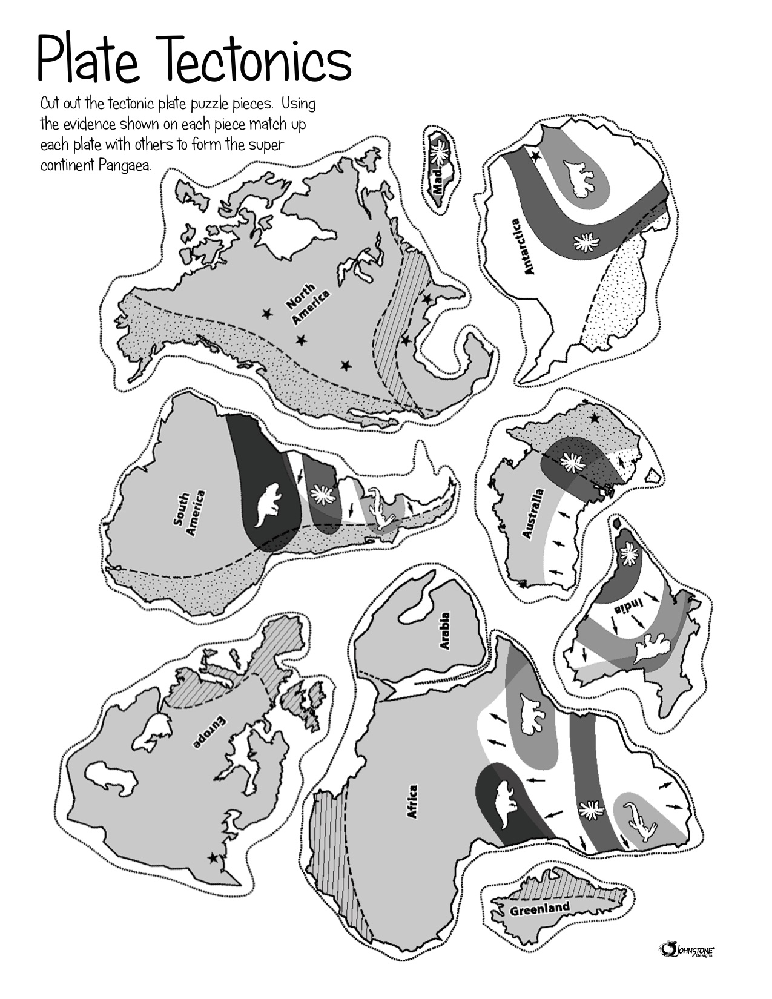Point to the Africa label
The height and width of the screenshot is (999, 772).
tap(412, 802)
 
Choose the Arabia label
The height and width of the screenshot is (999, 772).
tap(444, 631)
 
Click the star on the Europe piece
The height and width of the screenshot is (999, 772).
tap(213, 857)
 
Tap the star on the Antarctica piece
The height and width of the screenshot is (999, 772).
tap(535, 156)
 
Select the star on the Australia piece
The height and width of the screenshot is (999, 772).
tap(595, 418)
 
